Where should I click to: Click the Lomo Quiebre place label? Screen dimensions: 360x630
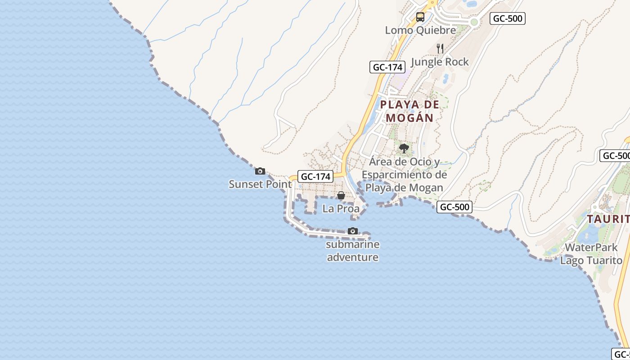[x=420, y=30]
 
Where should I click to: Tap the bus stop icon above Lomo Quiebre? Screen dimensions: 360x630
[x=420, y=17]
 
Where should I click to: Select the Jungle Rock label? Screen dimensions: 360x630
[x=440, y=62]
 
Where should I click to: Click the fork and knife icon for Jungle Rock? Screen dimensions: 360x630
[x=440, y=49]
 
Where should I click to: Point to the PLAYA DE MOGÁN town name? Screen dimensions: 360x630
[x=409, y=111]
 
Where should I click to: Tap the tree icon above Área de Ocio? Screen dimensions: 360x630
[x=404, y=148]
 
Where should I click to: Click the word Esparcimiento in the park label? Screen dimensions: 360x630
[x=404, y=175]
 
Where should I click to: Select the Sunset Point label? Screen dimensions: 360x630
[x=260, y=184]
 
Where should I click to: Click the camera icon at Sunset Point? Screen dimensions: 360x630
[x=260, y=171]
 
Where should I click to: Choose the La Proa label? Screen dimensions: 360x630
[x=341, y=209]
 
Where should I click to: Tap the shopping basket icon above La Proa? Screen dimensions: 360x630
[x=341, y=195]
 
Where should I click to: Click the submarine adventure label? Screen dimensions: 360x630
[x=352, y=251]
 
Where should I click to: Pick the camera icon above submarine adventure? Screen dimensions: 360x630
[x=353, y=231]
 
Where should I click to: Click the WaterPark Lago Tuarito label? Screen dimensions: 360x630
[x=591, y=254]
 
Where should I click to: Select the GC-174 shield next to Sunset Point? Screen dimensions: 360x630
[x=316, y=176]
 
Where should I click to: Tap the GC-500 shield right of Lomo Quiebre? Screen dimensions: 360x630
[x=508, y=18]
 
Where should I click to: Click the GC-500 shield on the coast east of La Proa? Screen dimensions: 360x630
[x=454, y=207]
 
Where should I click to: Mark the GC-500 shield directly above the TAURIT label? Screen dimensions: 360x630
[x=616, y=156]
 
